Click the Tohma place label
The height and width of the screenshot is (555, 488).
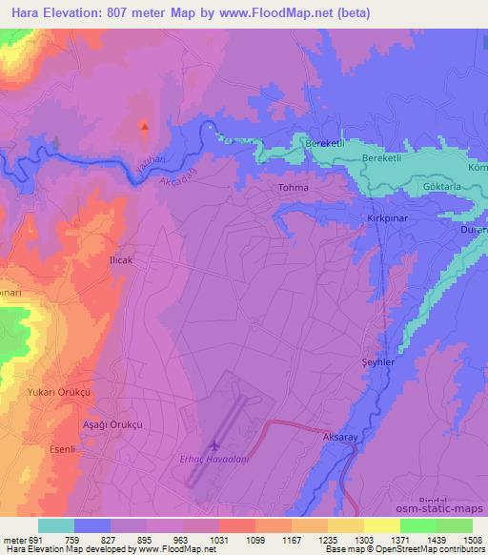[294, 188]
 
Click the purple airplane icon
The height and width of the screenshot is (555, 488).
[213, 445]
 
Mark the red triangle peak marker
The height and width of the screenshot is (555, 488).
[145, 126]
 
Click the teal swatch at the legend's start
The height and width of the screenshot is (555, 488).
[56, 525]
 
